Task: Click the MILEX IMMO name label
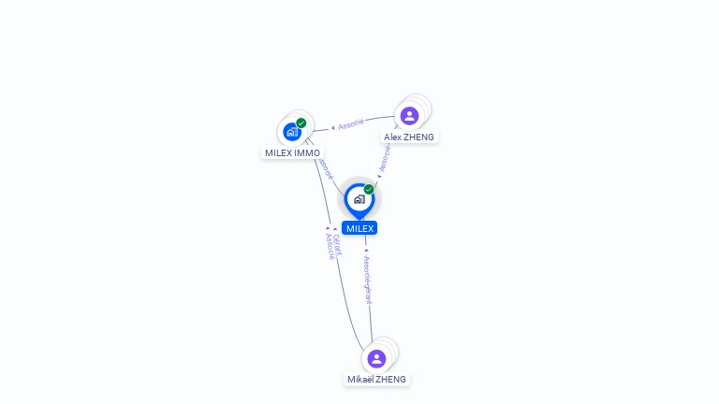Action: click(x=292, y=152)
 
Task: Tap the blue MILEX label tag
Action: click(x=359, y=228)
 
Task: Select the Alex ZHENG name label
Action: click(x=409, y=137)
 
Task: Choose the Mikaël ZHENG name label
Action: click(x=376, y=379)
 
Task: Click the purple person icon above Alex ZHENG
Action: click(x=409, y=116)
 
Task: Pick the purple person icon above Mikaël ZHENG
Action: click(x=376, y=358)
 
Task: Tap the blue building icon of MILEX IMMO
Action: click(x=291, y=132)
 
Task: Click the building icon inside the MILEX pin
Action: click(x=359, y=198)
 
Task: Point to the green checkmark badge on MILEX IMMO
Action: click(x=301, y=123)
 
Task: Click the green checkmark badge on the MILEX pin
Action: click(x=369, y=189)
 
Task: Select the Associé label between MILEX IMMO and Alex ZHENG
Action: click(x=351, y=124)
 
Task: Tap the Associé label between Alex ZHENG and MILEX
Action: click(x=384, y=157)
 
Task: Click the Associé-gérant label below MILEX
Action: click(x=368, y=281)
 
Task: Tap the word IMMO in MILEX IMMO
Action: click(x=307, y=152)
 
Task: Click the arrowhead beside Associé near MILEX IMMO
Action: click(x=333, y=127)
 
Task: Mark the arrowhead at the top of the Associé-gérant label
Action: click(x=366, y=251)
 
